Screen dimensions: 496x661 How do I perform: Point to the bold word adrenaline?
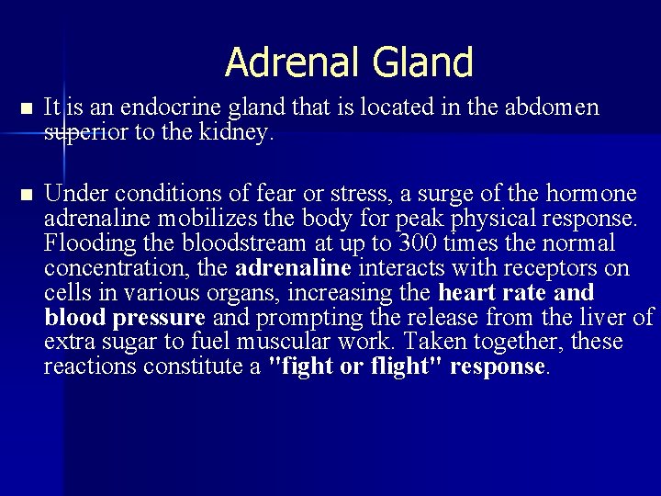pos(294,269)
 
